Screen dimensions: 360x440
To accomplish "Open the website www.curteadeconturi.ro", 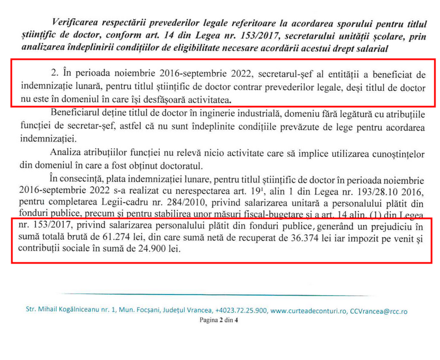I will tap(308, 311).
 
